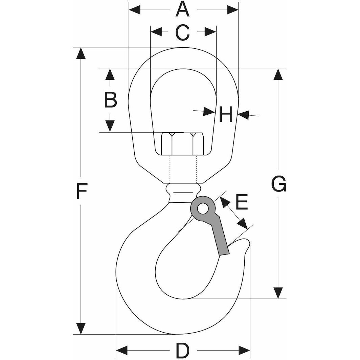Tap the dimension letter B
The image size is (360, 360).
110,100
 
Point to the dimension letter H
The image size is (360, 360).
226,114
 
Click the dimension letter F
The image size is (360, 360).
81,191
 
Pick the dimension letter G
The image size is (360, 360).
278,184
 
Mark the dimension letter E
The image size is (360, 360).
242,202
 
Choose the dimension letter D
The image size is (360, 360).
182,351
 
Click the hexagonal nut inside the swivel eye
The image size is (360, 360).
182,144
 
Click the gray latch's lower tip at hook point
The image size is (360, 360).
224,251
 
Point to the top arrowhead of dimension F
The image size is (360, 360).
81,53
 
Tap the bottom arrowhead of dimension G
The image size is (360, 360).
278,293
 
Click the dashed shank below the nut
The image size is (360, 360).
183,169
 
